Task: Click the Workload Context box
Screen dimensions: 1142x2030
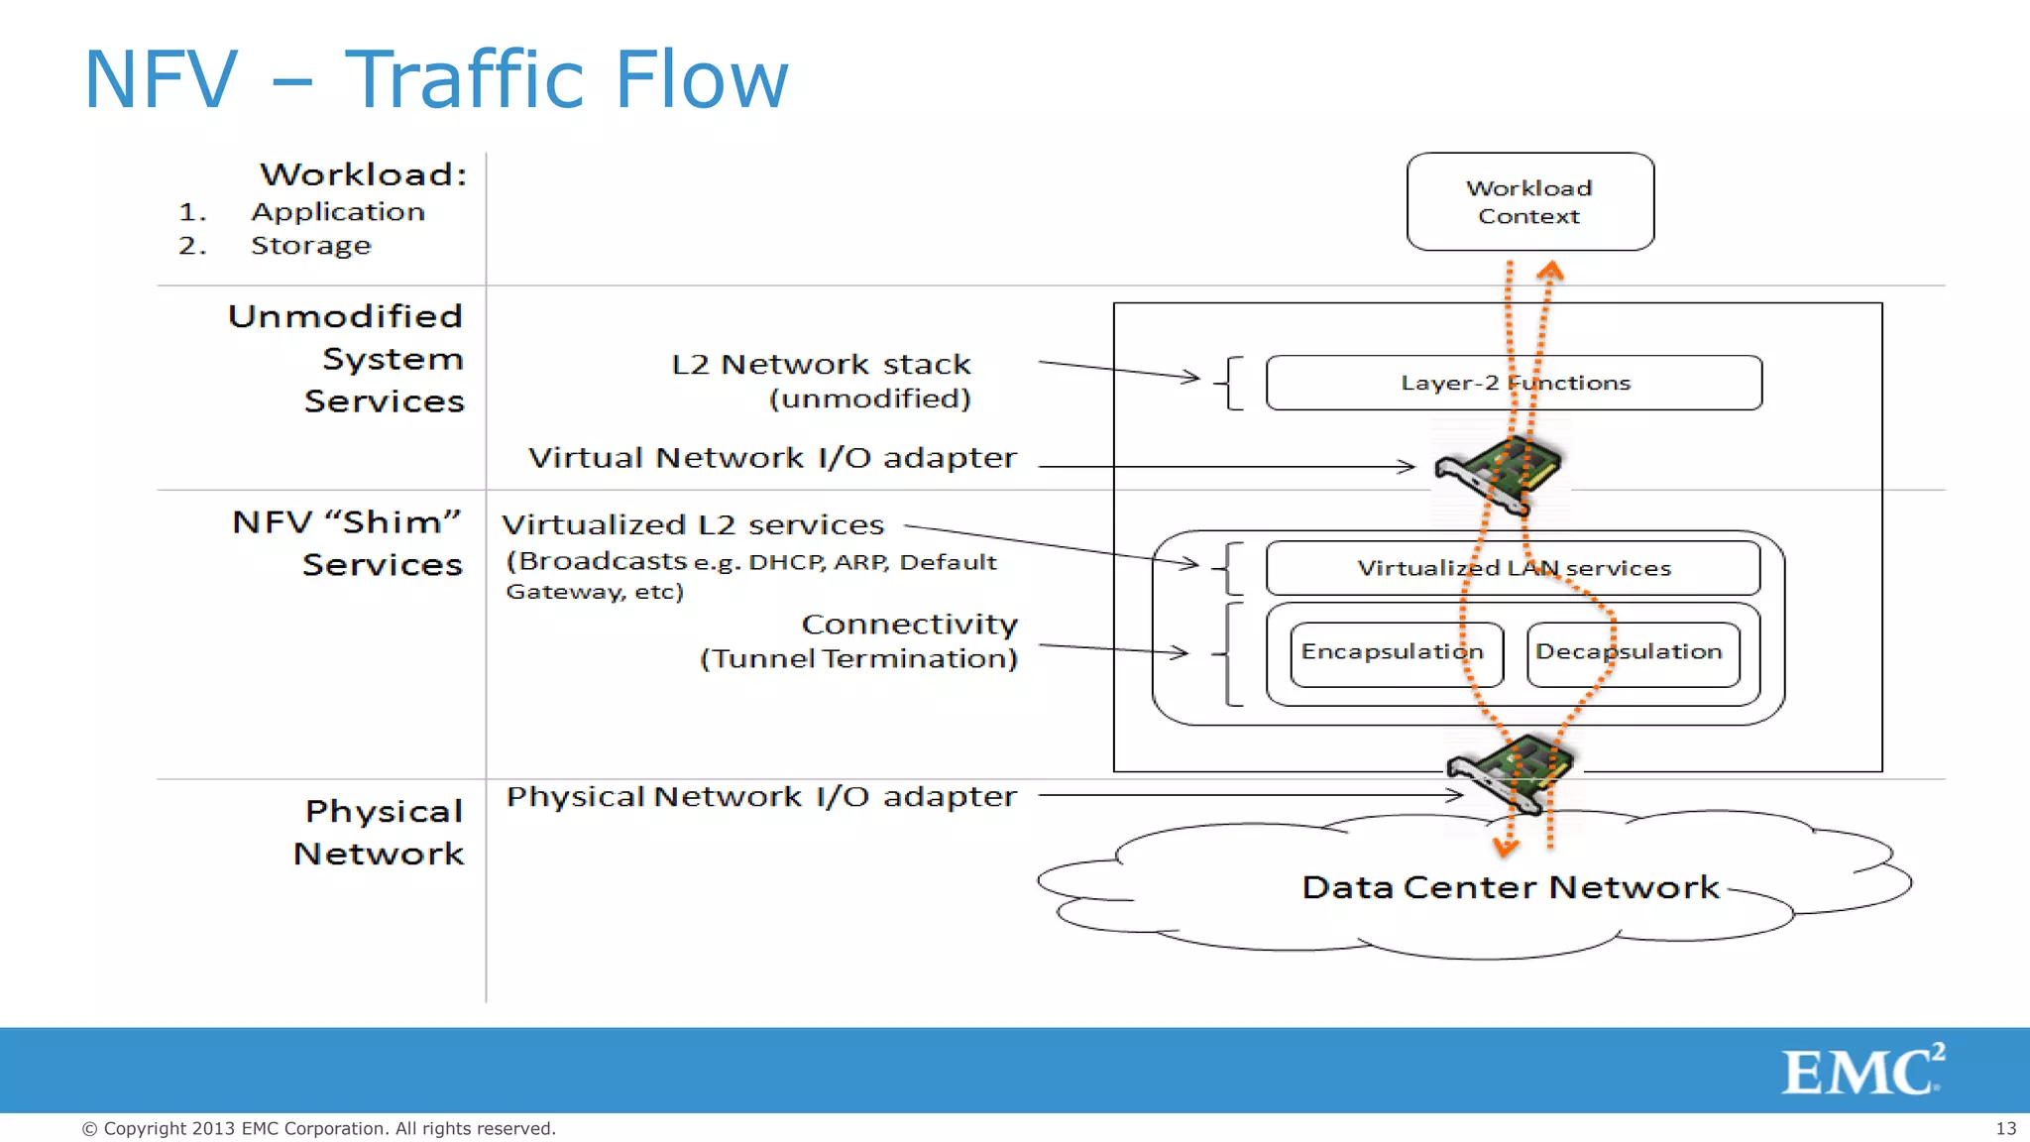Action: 1529,201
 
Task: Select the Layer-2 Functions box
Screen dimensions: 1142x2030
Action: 1514,383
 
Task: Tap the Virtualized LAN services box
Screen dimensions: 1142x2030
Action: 1513,568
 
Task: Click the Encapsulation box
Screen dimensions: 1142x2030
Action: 1396,652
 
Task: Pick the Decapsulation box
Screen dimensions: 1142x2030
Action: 1633,652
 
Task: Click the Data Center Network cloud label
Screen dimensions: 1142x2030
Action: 1510,886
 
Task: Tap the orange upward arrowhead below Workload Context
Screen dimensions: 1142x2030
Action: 1550,269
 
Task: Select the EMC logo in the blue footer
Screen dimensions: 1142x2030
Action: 1861,1071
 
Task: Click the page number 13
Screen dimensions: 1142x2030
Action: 2005,1128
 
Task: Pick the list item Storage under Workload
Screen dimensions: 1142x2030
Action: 310,245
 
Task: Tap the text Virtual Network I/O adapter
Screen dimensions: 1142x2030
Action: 772,458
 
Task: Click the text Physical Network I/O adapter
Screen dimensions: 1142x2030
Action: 761,797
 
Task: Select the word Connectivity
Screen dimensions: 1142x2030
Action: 909,625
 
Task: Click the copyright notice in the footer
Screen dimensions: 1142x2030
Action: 318,1128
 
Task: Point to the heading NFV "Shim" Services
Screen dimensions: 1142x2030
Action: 347,542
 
